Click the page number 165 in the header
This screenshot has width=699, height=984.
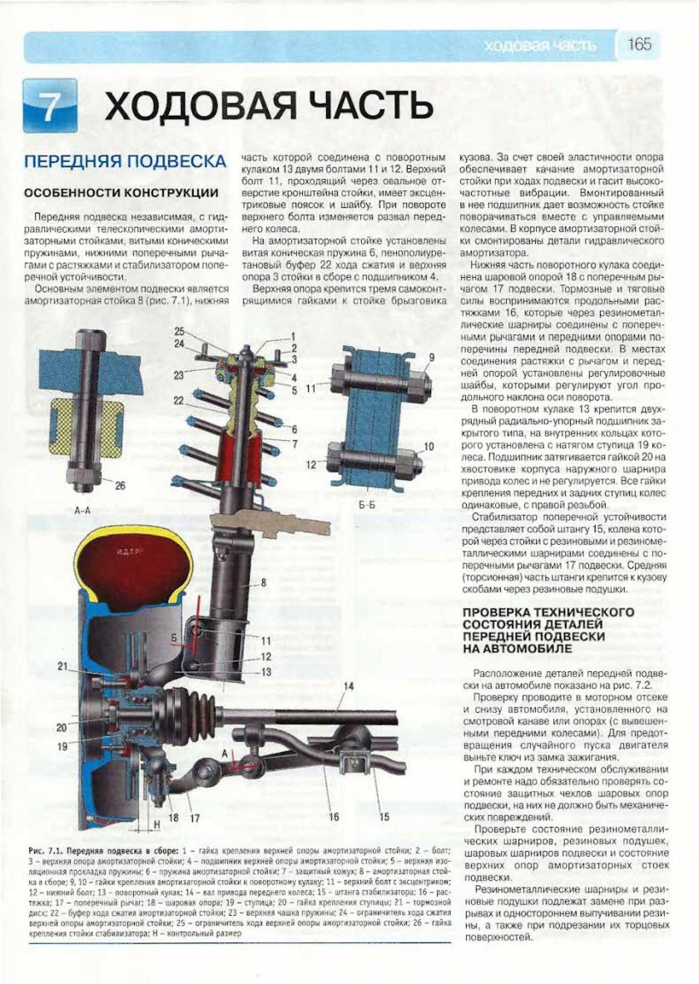coord(639,45)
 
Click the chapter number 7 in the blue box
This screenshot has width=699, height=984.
coord(51,107)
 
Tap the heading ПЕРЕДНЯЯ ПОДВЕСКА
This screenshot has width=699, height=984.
coord(125,161)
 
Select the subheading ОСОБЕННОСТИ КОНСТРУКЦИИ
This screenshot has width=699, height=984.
coord(121,192)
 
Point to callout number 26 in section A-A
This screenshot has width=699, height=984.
coord(120,486)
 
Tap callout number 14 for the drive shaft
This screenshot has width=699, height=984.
coord(349,685)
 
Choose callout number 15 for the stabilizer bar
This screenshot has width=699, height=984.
coord(384,816)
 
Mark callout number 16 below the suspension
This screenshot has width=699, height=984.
coord(333,817)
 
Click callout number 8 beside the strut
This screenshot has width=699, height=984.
coord(263,584)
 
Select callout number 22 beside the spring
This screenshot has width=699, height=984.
coord(178,400)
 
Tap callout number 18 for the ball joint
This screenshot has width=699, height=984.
coord(174,817)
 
